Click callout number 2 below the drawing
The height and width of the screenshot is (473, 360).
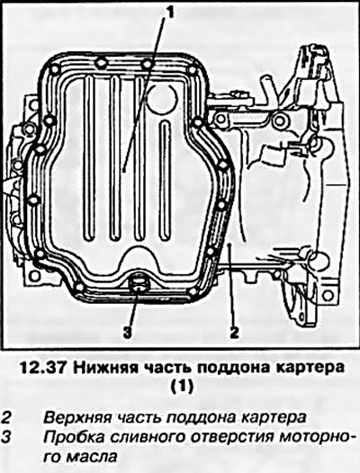234,332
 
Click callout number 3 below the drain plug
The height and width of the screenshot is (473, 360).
128,332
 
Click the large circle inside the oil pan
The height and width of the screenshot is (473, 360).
164,97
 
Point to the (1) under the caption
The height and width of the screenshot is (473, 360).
182,386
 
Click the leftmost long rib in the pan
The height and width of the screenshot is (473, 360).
89,158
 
